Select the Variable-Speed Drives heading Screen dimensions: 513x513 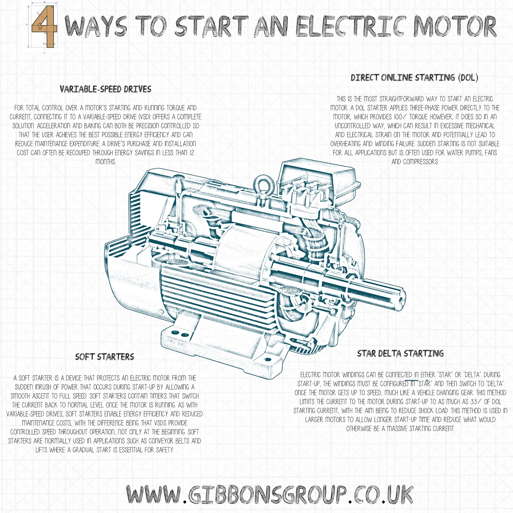[x=105, y=89]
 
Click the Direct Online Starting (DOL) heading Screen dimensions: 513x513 [x=414, y=78]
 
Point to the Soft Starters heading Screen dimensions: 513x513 [x=105, y=357]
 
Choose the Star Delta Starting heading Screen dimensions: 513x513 [x=400, y=353]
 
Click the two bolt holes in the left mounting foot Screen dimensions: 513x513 [x=181, y=334]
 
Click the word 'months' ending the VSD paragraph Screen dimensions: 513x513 [x=105, y=162]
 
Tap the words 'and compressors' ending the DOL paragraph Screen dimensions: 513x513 [x=415, y=162]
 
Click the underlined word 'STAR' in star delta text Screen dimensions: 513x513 [x=424, y=383]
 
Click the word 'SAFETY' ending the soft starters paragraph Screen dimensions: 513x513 [x=164, y=450]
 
